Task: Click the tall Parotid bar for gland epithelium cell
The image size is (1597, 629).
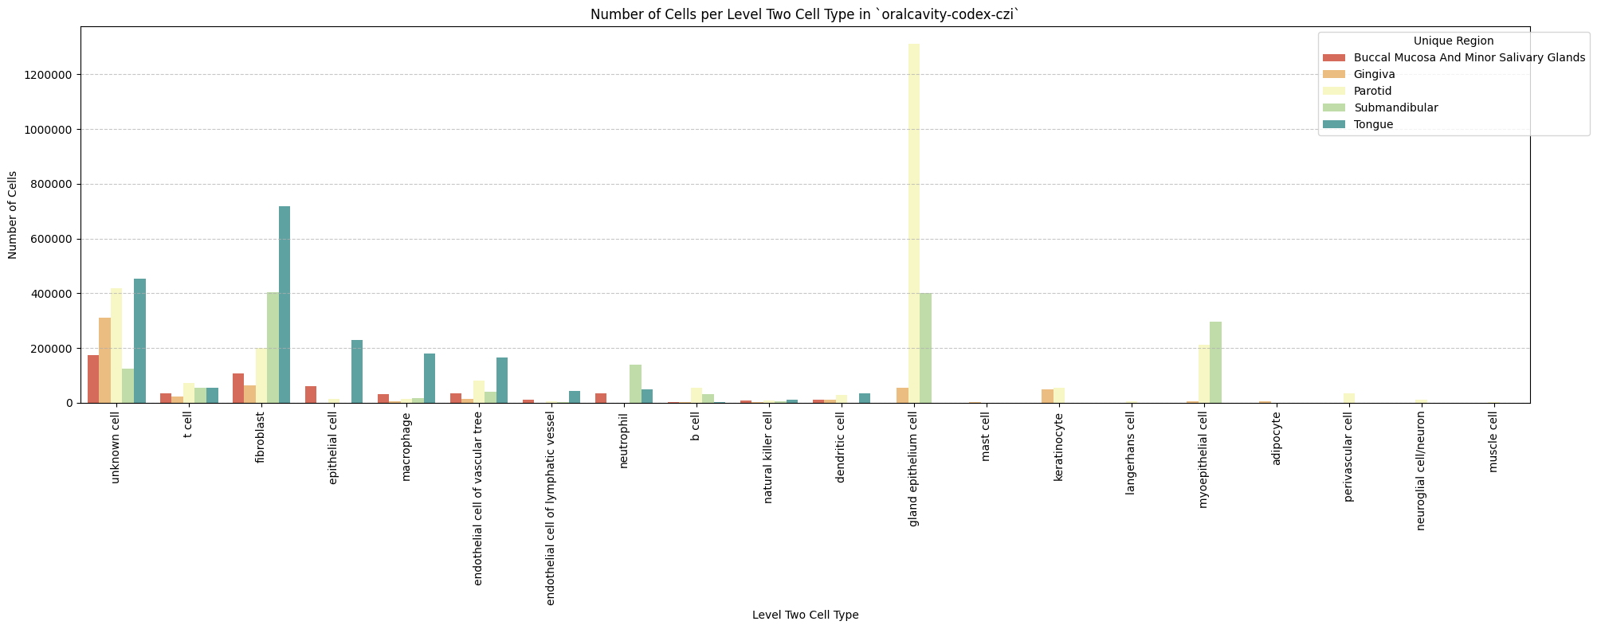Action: [x=913, y=223]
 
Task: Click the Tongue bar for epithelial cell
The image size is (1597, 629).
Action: [x=357, y=371]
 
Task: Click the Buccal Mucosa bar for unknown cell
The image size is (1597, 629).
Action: [x=93, y=379]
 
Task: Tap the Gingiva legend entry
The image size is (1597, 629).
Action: [x=1374, y=74]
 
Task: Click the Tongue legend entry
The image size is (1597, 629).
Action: [x=1373, y=124]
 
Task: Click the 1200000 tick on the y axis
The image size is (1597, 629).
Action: [x=51, y=75]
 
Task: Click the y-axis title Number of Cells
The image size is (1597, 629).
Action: [x=12, y=215]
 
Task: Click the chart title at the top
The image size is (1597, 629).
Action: [x=805, y=14]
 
